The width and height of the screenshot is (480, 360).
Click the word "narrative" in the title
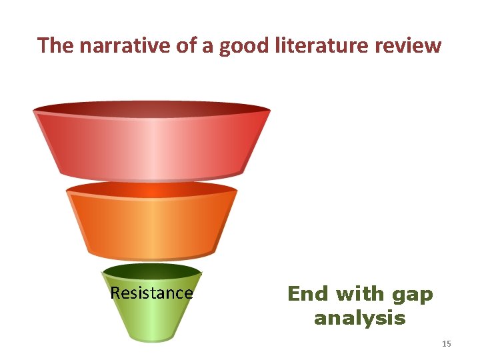(x=109, y=45)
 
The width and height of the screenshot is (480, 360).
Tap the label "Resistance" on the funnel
(x=151, y=293)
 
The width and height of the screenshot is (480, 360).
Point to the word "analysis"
(x=359, y=318)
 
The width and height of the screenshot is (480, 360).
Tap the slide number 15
(x=447, y=343)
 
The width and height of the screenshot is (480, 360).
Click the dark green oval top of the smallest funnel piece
(x=152, y=271)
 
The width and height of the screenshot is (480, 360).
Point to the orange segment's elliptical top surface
(x=152, y=191)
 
